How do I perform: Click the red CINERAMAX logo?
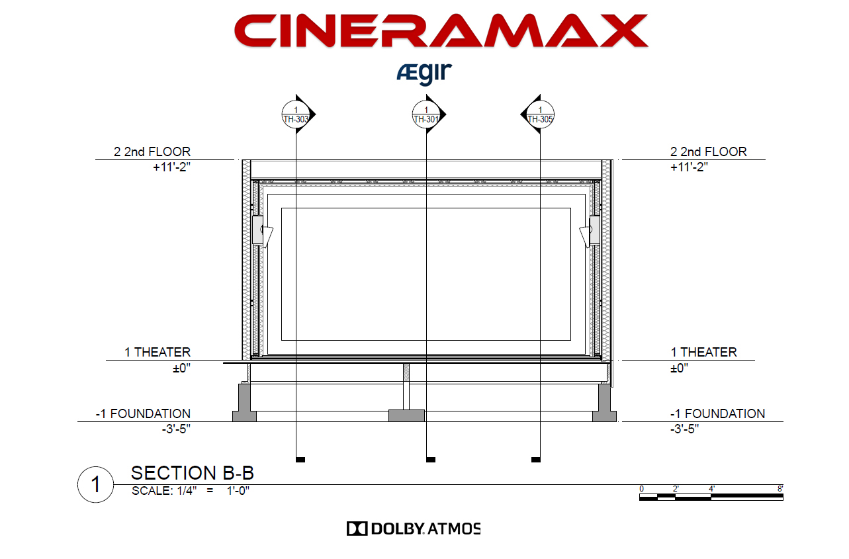click(441, 30)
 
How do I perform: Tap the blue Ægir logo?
click(424, 73)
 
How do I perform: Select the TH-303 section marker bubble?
click(296, 114)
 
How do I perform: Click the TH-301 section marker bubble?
click(426, 114)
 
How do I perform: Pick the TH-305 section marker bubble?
click(540, 114)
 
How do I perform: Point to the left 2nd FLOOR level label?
click(152, 151)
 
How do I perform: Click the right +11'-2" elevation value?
click(689, 167)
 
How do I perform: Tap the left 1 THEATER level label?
click(157, 352)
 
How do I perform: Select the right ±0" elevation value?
click(679, 368)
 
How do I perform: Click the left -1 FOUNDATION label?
click(143, 413)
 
